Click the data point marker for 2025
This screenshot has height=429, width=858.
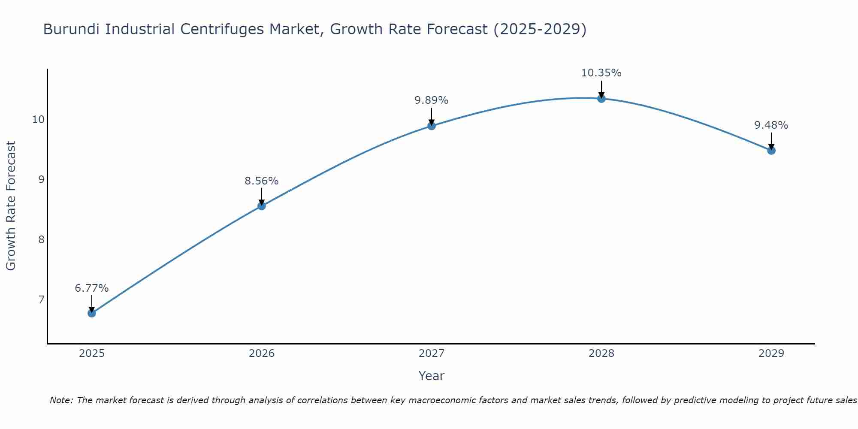point(92,313)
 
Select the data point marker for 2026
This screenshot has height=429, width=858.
point(262,206)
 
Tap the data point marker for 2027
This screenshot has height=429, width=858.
point(432,126)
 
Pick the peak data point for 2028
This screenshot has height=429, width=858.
point(601,99)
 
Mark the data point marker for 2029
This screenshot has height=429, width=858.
point(771,151)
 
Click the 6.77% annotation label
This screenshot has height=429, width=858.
point(92,288)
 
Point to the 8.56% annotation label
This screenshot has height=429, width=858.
point(262,181)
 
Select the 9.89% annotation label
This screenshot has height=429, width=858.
point(432,100)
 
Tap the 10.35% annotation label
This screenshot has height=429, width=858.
point(601,73)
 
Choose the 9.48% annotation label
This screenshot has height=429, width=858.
point(771,125)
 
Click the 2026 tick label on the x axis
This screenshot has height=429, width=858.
point(262,353)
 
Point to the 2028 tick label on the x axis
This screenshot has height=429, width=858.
point(601,353)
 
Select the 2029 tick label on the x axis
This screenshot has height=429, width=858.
point(771,353)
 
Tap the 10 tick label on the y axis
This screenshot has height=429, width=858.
point(39,119)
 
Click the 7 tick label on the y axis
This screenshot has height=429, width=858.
point(42,299)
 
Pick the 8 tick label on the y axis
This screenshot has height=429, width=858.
point(42,239)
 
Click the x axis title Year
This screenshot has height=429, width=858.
point(432,376)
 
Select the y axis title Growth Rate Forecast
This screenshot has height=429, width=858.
point(11,206)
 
